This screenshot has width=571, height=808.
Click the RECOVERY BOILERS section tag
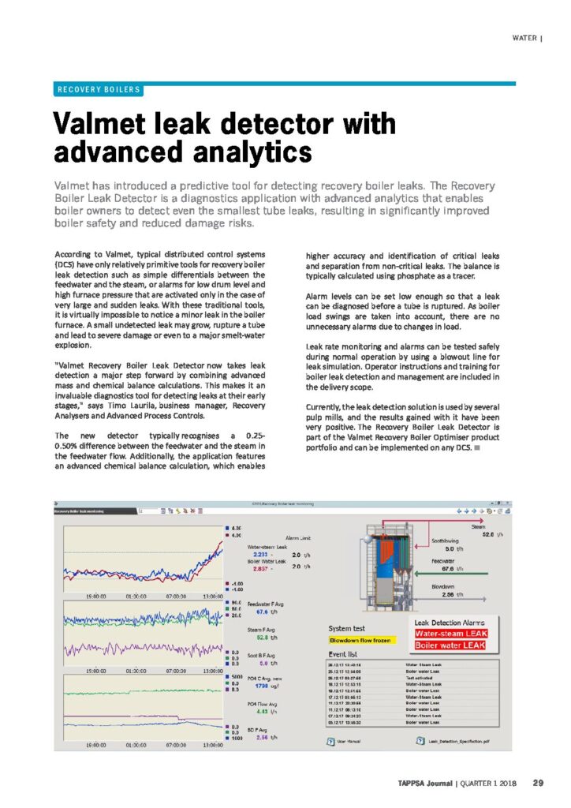tap(99, 89)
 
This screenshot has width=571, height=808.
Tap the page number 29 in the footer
tap(538, 783)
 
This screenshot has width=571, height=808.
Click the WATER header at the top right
tap(526, 37)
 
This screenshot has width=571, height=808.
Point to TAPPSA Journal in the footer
tap(425, 783)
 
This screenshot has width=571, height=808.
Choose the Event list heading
tap(344, 655)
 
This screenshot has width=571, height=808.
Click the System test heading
tap(346, 628)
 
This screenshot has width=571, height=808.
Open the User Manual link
tap(348, 740)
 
